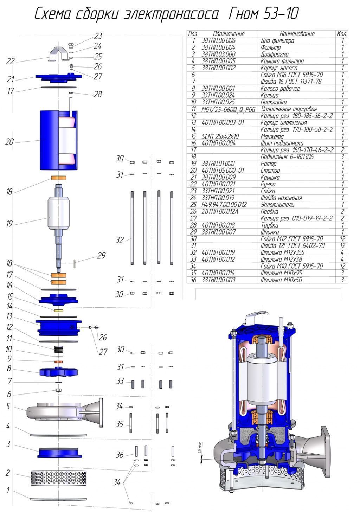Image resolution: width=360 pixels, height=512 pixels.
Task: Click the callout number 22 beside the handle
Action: point(11,61)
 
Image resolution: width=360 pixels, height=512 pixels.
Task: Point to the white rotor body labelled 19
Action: point(58,212)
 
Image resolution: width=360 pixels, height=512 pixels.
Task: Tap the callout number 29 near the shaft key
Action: point(101,256)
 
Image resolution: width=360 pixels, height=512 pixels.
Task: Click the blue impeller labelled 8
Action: point(58,372)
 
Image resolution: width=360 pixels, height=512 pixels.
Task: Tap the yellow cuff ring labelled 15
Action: point(58,311)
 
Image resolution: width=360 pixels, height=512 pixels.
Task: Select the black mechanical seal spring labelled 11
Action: point(58,350)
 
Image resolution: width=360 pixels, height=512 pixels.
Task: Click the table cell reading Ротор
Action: point(270,164)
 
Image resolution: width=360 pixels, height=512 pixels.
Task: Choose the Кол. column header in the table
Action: point(342,34)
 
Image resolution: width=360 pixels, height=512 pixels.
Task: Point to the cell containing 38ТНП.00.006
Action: point(218,40)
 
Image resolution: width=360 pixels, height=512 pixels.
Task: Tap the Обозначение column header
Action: point(229,34)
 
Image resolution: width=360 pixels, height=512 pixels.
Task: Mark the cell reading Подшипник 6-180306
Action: point(287,157)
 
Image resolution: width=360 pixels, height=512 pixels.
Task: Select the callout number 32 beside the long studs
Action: point(120,240)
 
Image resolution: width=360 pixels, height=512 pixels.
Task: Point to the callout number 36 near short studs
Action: point(120,455)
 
